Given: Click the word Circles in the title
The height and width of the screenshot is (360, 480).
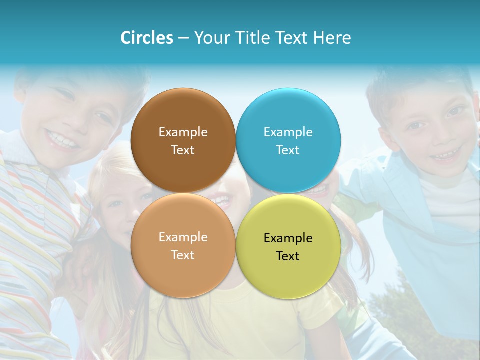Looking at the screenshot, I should click(x=147, y=38).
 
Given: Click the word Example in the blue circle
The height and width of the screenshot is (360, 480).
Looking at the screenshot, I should click(x=288, y=132).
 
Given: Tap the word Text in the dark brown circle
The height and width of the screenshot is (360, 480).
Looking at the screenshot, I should click(x=183, y=150).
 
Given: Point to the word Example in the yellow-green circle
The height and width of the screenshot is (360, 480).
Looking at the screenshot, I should click(x=288, y=238).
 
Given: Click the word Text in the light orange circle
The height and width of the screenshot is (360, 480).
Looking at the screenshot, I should click(x=183, y=255).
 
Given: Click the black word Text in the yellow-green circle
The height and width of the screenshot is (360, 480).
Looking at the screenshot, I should click(x=288, y=256).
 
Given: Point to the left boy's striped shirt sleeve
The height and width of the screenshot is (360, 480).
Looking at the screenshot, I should click(x=30, y=210).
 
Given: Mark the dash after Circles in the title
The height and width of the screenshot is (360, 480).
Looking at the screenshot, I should click(x=183, y=38).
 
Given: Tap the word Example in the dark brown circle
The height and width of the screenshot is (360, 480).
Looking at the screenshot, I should click(x=183, y=132).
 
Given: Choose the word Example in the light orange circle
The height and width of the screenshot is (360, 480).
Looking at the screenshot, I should click(x=183, y=237).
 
